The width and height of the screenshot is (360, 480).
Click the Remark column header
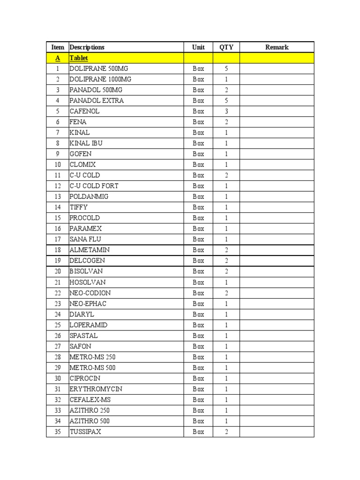[277, 47]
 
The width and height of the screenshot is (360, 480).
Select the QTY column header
[226, 47]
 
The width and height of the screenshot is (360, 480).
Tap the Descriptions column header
[87, 47]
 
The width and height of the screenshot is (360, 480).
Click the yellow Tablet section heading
[79, 58]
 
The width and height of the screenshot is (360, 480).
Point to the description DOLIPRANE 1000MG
[100, 79]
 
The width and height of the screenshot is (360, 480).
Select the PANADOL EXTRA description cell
[97, 100]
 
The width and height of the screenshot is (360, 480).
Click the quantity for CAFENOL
[226, 111]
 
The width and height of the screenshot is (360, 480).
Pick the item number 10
[58, 165]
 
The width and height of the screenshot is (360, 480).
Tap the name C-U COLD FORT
[94, 186]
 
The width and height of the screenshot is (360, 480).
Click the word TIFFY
[78, 207]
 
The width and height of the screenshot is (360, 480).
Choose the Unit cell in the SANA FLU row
[198, 239]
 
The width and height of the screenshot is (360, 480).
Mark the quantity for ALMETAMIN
[226, 250]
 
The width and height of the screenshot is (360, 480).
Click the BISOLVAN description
[86, 271]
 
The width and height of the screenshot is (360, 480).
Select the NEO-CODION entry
[90, 293]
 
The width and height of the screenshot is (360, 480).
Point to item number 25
[58, 325]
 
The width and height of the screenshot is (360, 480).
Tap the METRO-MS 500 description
[92, 367]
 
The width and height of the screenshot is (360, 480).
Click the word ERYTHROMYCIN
[96, 389]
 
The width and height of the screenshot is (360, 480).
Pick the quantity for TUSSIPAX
[226, 432]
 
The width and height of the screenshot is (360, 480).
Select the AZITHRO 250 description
[90, 410]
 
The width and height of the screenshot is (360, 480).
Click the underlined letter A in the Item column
[58, 58]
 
